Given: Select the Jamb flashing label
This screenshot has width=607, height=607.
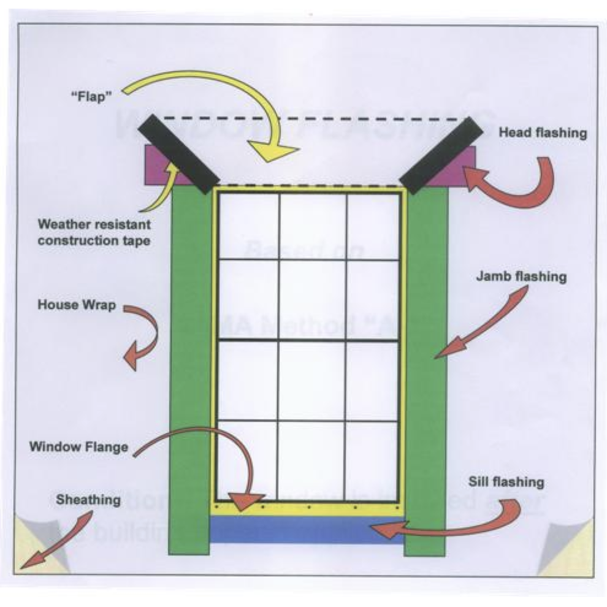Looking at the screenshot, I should tap(521, 277).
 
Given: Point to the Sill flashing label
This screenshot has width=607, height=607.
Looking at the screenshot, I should tap(506, 481).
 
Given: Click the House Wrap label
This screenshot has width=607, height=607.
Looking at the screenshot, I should tap(77, 304).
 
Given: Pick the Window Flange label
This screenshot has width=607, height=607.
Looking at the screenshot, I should tap(78, 446).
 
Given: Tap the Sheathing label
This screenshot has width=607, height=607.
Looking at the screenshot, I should tap(88, 500).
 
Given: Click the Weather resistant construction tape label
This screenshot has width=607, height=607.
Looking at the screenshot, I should tap(93, 232).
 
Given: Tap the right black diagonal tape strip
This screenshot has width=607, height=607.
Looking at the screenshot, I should tap(440, 154).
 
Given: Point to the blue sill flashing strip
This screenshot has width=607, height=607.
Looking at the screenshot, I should tap(307, 529).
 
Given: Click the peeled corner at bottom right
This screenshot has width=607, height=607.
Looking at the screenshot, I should tap(567, 549).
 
